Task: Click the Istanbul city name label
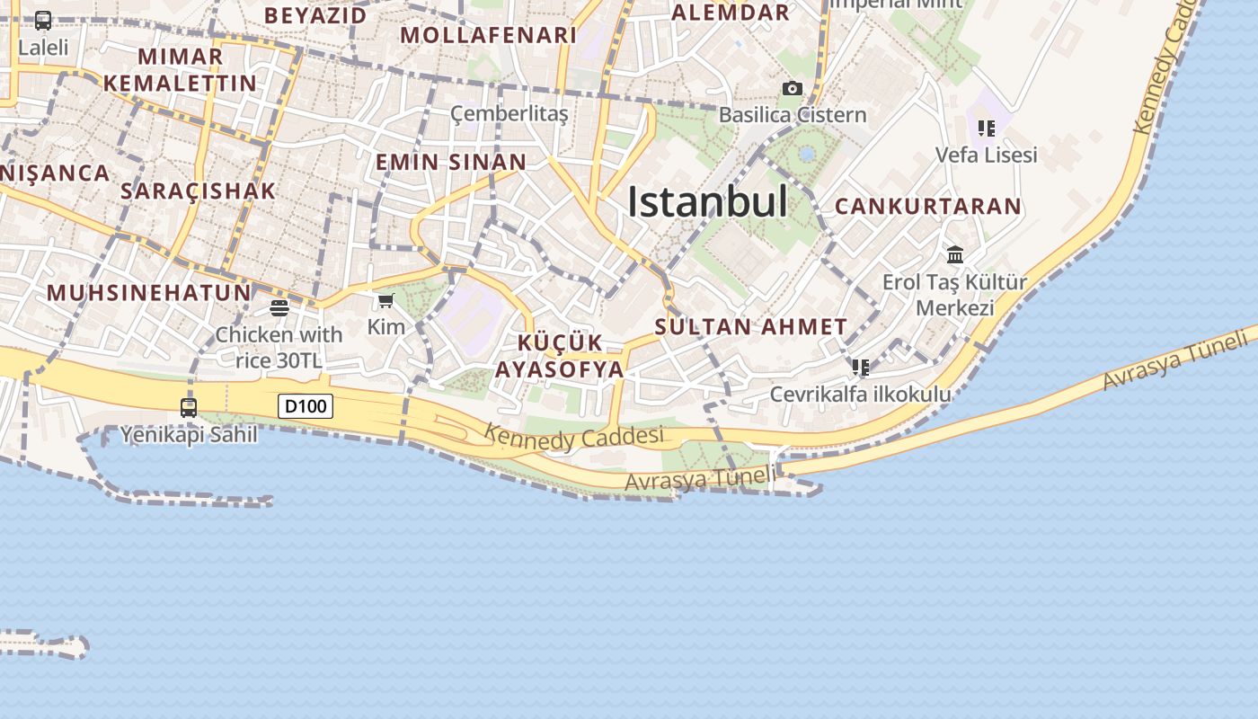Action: [707, 201]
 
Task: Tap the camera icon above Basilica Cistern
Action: [792, 88]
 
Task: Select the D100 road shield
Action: [306, 406]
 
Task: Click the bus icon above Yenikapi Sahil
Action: [189, 407]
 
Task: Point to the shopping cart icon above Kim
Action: [386, 300]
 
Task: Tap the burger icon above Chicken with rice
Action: [279, 308]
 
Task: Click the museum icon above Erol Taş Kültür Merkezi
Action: [954, 254]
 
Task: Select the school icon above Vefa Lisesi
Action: [987, 129]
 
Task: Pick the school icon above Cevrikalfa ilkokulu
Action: [861, 368]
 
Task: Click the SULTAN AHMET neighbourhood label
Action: [751, 327]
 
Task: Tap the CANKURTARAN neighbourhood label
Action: [928, 207]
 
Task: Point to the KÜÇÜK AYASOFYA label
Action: [560, 356]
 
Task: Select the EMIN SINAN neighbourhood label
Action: [451, 163]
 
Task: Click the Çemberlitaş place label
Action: [509, 114]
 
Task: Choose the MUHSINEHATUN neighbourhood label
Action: [149, 293]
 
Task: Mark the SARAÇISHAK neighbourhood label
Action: [198, 191]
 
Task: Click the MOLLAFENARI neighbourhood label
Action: [488, 36]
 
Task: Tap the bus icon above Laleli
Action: [43, 21]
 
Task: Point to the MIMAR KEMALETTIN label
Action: [180, 70]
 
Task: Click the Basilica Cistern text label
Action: [793, 115]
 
